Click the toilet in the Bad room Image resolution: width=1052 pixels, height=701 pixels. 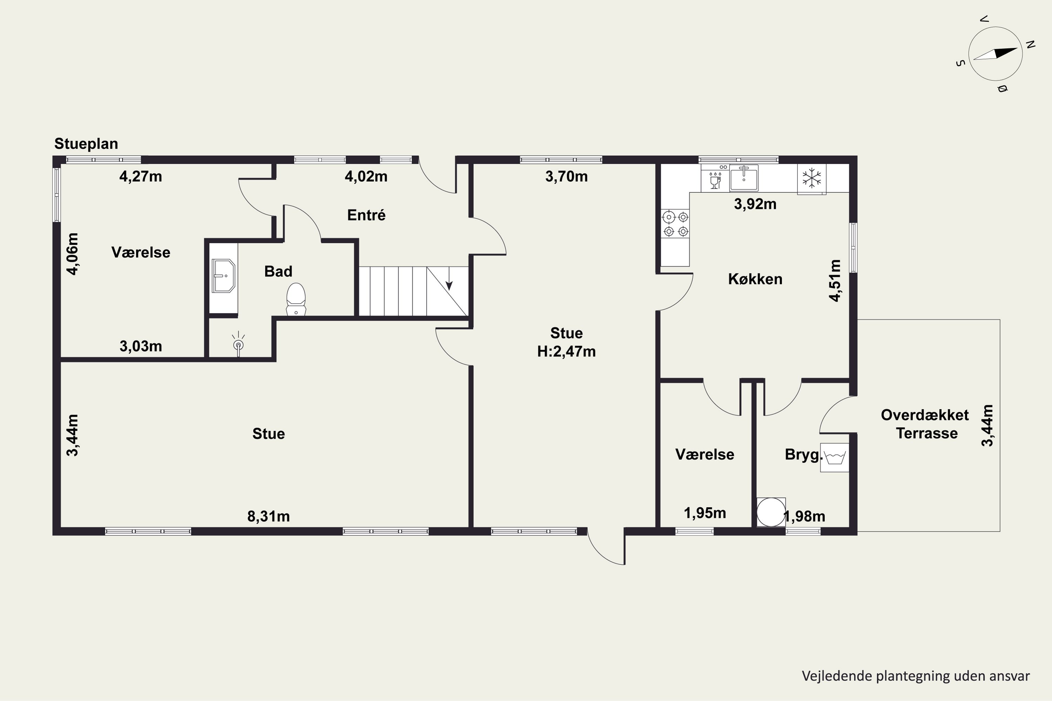[x=296, y=299]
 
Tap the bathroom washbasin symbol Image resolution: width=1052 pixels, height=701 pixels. [x=223, y=276]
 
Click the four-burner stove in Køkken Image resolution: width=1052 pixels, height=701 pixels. [x=675, y=224]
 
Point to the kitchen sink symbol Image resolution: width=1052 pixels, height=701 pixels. [x=744, y=177]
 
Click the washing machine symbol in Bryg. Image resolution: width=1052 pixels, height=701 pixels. [x=835, y=457]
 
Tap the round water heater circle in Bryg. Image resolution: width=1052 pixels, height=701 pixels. [x=771, y=512]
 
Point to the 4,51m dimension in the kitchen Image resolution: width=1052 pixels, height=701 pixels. [x=835, y=281]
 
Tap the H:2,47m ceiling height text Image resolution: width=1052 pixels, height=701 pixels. [x=566, y=352]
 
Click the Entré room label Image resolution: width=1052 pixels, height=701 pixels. [x=366, y=215]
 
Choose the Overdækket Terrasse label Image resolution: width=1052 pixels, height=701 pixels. [x=925, y=424]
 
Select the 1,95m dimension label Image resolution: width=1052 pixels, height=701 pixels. [x=705, y=513]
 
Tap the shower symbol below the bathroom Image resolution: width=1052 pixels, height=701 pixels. [x=238, y=344]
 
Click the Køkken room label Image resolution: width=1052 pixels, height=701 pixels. [x=755, y=279]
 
